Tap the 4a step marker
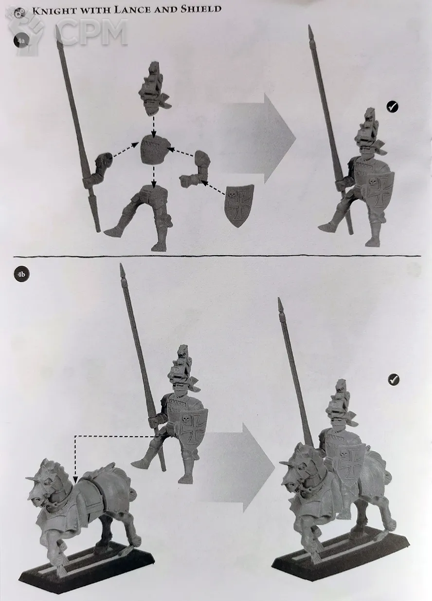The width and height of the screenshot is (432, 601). tap(21, 41)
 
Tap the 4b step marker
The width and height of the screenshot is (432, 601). tap(21, 274)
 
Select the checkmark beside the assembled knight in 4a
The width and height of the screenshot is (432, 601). tap(392, 107)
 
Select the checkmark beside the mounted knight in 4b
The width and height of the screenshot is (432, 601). tap(393, 379)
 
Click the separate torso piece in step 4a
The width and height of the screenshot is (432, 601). tap(155, 150)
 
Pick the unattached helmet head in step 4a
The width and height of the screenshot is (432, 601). tap(154, 89)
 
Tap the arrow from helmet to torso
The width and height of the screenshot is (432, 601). tap(154, 126)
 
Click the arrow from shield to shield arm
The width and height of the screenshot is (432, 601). tap(214, 188)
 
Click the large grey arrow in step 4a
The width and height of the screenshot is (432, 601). tap(257, 139)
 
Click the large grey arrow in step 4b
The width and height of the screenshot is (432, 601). tap(238, 467)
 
